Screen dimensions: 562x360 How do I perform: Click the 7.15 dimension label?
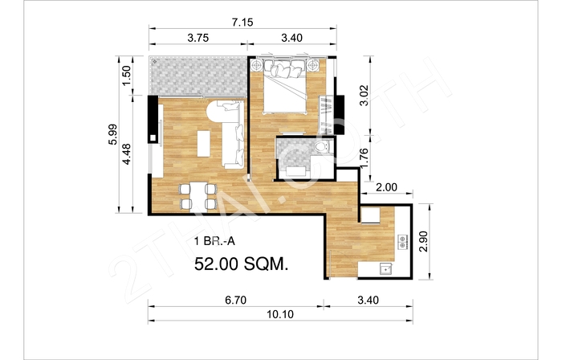click(242, 22)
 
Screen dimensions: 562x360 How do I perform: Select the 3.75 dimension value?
click(198, 38)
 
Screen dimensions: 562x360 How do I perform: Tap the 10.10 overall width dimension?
click(280, 314)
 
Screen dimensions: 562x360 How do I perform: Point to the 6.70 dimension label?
click(235, 300)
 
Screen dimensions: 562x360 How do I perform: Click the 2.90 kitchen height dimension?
click(423, 241)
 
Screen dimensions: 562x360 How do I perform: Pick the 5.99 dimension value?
click(112, 134)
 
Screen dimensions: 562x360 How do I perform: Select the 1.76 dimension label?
click(364, 157)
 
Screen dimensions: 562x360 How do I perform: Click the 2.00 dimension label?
click(386, 187)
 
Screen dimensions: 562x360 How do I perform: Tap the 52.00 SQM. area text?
click(241, 264)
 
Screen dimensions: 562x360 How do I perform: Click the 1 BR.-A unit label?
click(214, 241)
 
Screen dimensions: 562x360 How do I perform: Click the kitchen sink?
click(385, 268)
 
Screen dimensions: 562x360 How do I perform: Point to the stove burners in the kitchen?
click(402, 241)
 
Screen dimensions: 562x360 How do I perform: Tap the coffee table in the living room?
click(204, 143)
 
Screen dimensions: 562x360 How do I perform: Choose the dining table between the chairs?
click(198, 196)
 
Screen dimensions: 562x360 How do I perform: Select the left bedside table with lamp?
click(257, 65)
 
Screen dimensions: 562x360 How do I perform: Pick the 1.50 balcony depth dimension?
click(127, 76)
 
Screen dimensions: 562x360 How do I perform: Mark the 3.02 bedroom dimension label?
click(364, 95)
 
